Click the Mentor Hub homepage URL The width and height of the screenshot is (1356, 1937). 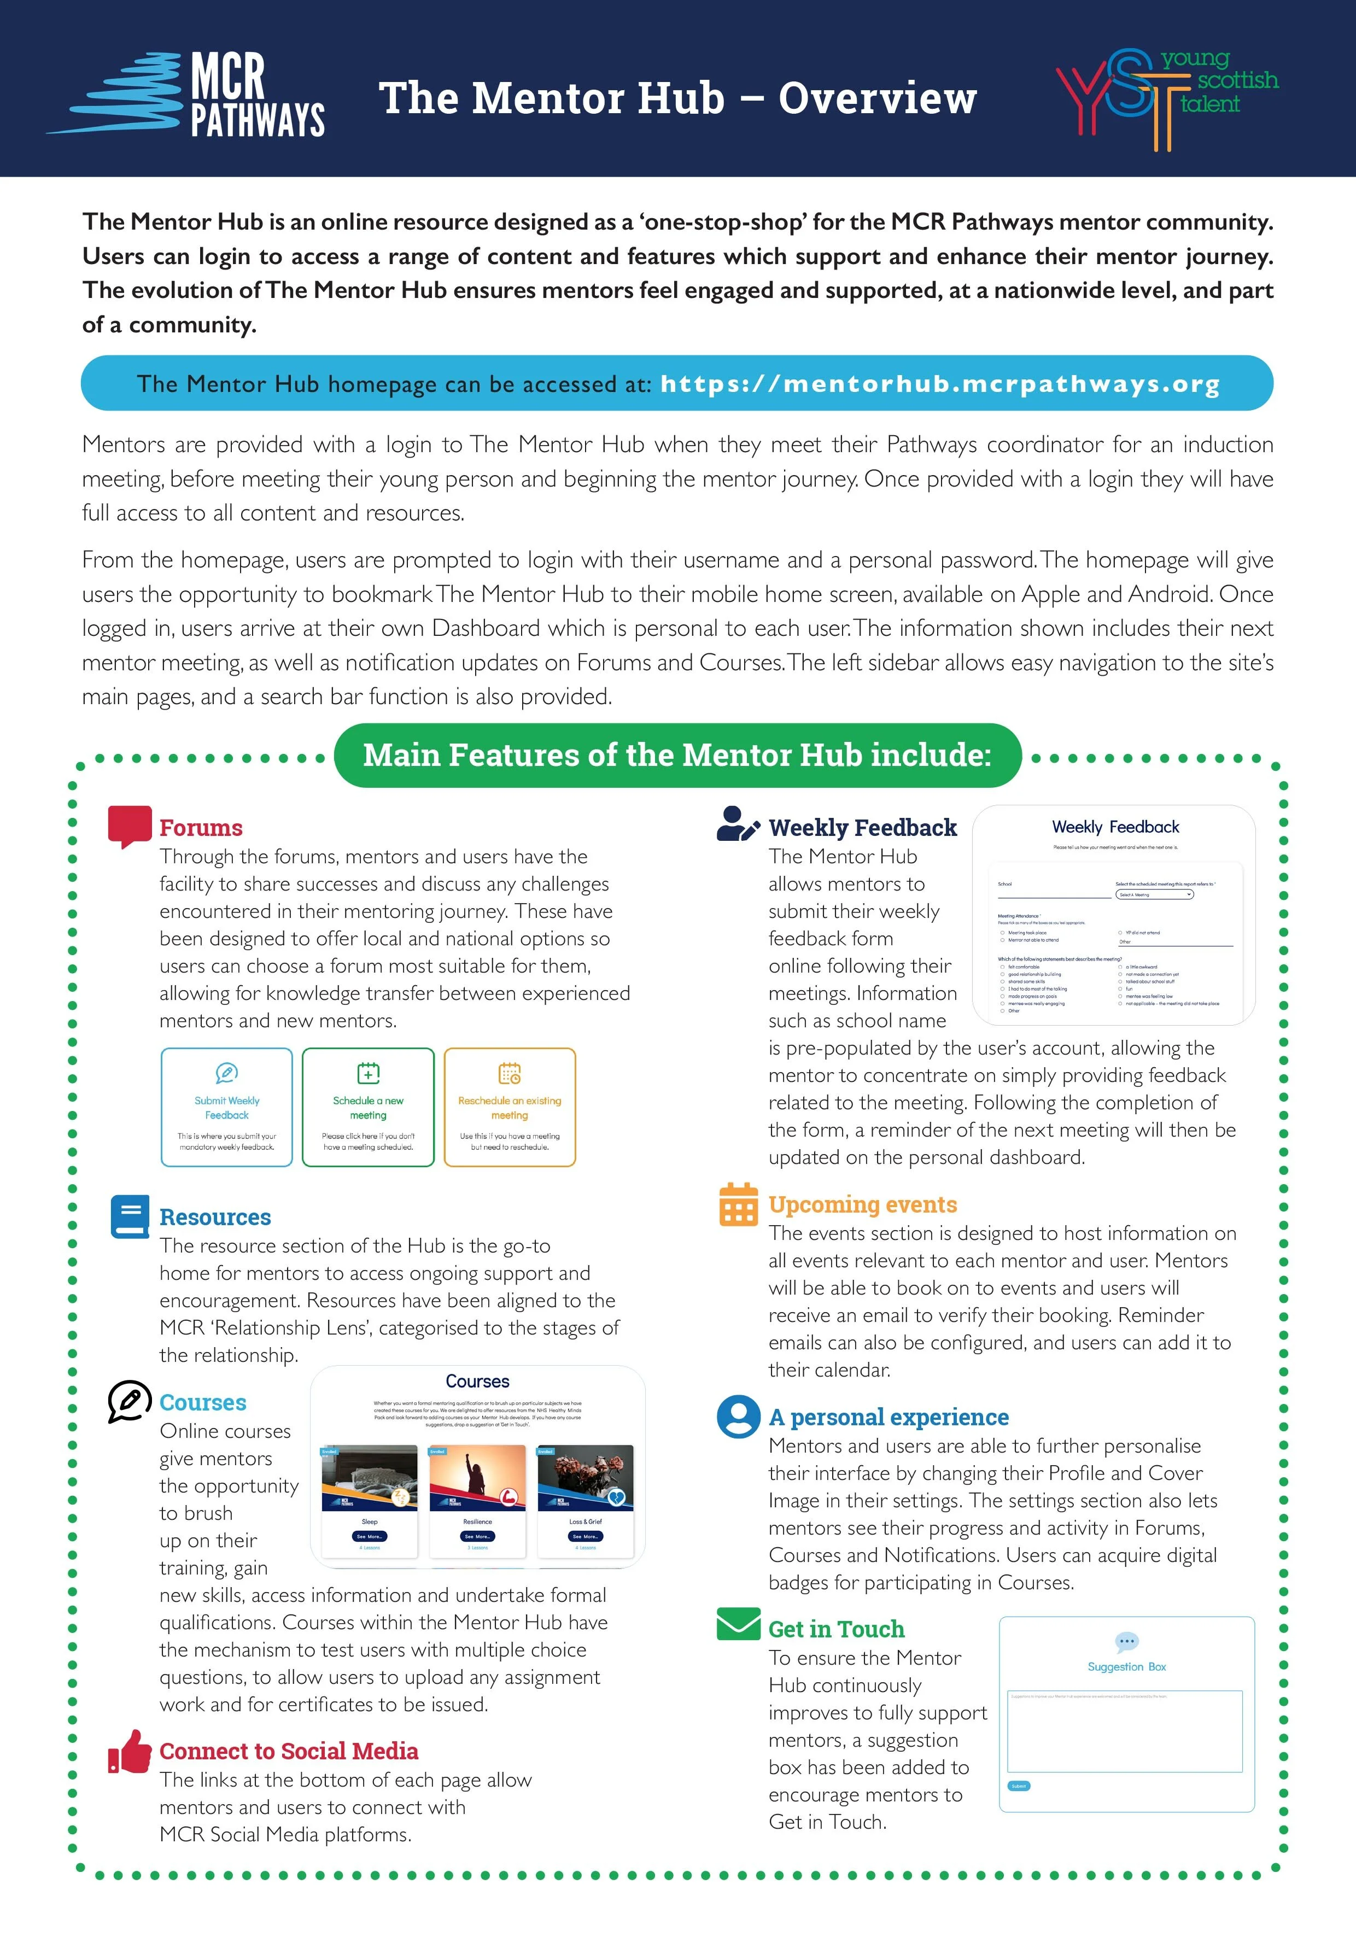939,384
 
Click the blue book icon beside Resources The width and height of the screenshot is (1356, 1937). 129,1216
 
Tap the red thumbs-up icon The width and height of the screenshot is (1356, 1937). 129,1752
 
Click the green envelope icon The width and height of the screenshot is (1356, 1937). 738,1624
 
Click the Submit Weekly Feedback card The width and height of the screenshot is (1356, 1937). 227,1107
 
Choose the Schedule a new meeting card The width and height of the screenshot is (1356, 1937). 368,1107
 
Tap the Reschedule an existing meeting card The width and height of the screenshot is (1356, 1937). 510,1107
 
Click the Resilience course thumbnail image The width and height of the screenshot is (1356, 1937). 477,1478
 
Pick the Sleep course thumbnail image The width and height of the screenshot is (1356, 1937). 370,1478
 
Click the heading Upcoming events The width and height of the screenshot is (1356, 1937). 862,1205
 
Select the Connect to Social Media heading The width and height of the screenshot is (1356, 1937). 289,1752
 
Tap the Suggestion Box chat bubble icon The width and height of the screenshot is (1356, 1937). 1126,1641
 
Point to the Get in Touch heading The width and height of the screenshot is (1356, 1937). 835,1629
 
